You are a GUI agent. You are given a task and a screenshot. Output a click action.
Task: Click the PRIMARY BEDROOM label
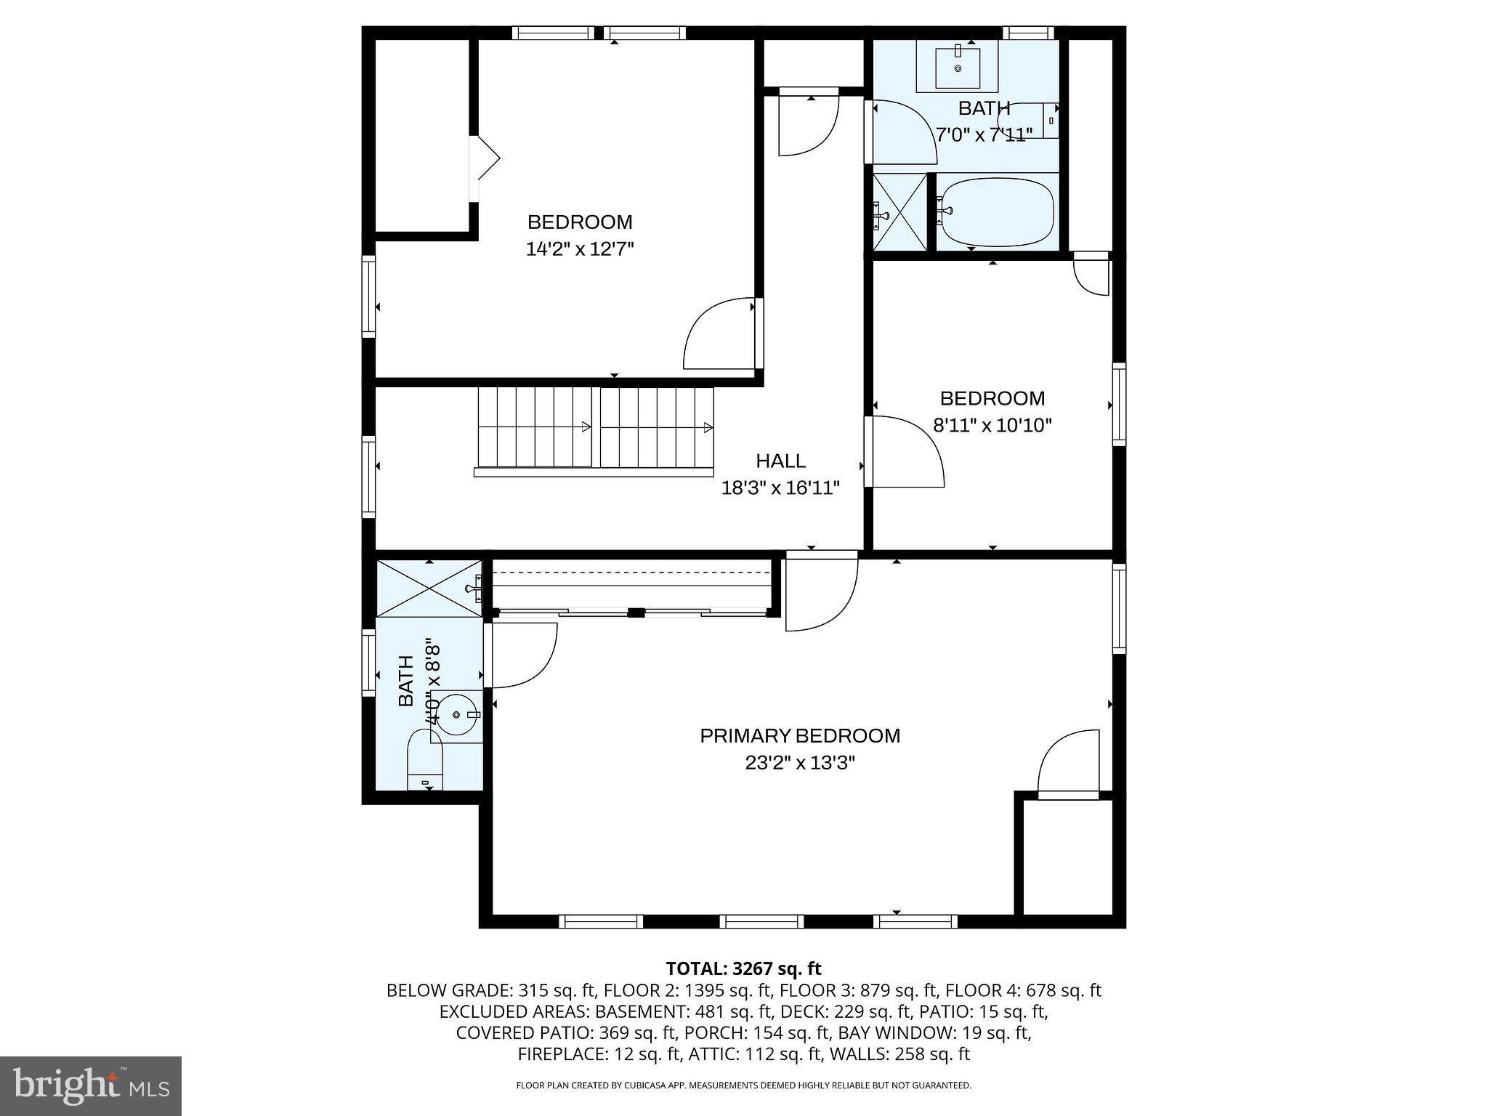click(x=799, y=736)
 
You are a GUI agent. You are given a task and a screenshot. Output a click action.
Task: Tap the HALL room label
click(x=780, y=461)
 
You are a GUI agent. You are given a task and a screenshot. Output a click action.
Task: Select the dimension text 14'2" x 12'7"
click(x=580, y=249)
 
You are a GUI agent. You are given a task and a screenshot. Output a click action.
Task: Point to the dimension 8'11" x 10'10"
click(x=992, y=425)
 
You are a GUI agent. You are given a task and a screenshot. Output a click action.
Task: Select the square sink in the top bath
click(x=957, y=67)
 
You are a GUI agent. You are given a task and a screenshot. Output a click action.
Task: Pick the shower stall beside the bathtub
click(x=899, y=211)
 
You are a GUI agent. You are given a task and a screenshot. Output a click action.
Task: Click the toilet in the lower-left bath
click(x=425, y=763)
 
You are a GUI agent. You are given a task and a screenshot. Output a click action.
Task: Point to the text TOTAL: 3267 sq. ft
click(x=743, y=969)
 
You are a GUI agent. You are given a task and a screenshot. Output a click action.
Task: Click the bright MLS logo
click(x=91, y=1085)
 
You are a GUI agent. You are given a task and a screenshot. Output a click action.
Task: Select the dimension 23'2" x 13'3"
click(x=799, y=763)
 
